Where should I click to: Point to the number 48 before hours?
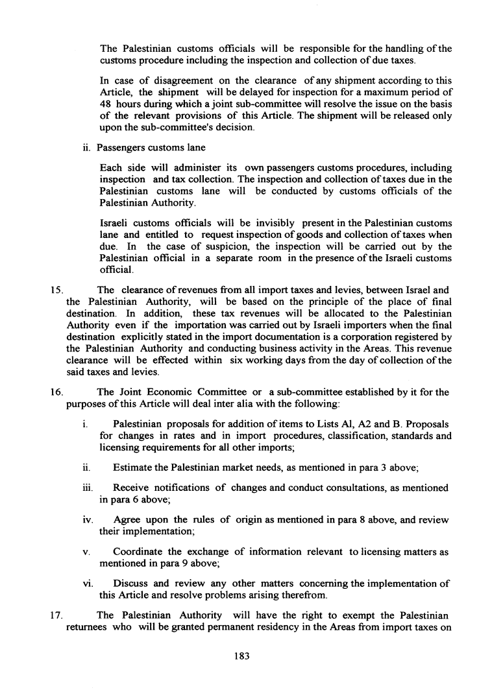[106, 104]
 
